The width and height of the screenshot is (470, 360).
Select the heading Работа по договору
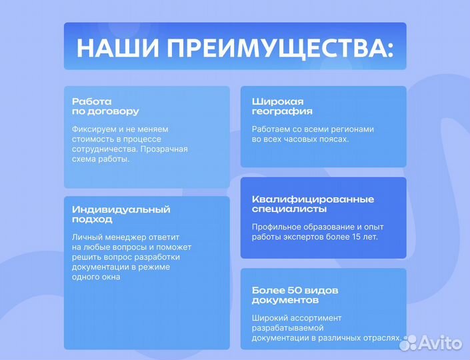[105, 107]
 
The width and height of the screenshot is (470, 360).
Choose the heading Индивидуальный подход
[121, 214]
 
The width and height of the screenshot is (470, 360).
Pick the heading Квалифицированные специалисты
[313, 204]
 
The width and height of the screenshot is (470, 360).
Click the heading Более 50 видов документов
[295, 295]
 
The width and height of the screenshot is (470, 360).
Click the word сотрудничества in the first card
[102, 149]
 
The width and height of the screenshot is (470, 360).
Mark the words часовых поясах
[317, 139]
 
